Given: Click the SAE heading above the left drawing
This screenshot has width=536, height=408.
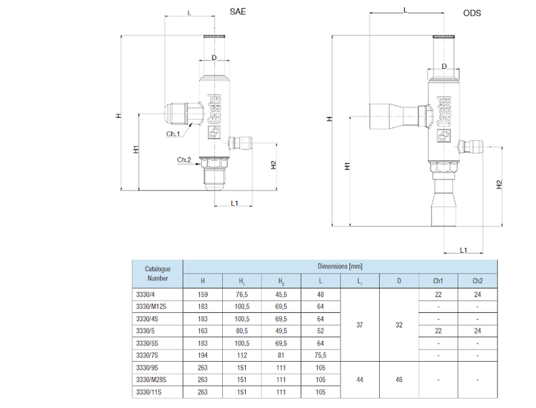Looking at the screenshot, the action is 238,12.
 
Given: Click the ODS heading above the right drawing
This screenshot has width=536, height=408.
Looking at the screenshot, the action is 471,13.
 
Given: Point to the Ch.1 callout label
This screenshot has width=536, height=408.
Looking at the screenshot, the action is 173,134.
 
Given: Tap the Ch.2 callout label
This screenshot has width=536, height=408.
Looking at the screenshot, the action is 184,160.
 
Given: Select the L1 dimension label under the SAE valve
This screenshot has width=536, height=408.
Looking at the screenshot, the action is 234,203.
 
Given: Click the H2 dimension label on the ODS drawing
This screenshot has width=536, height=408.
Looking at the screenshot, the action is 499,184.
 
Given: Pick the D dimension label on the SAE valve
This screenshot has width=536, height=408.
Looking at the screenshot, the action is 214,58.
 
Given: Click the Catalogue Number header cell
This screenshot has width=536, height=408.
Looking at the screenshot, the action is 158,273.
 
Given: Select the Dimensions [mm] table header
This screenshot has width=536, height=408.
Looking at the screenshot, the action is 340,267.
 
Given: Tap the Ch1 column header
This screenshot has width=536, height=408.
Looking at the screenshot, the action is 438,281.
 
